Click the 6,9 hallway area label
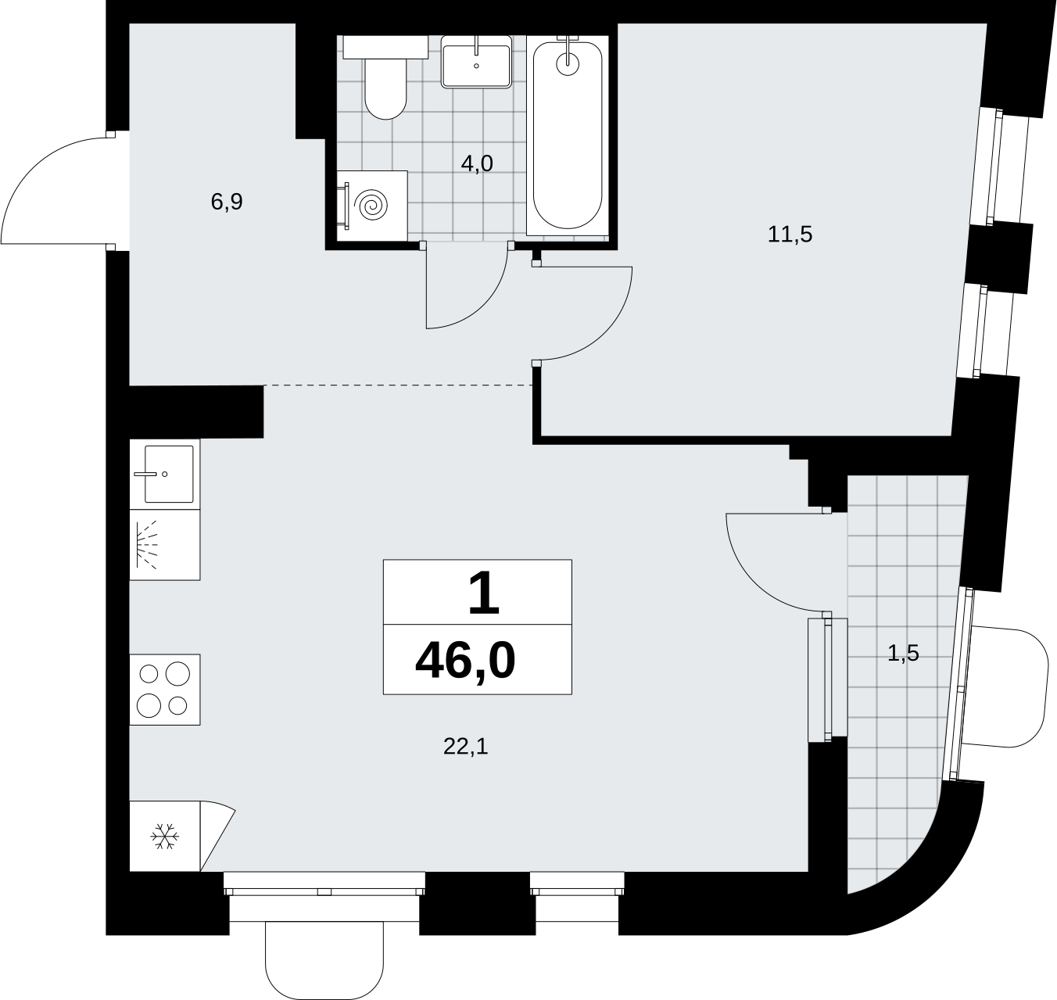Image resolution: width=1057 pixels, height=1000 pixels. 227,203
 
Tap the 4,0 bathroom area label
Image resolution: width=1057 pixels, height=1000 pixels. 477,163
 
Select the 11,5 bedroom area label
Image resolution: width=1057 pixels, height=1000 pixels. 790,235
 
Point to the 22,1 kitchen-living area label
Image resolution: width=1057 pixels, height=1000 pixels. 466,746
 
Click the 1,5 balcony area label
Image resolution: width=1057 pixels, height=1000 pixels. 903,653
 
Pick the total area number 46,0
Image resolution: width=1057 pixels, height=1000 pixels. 466,661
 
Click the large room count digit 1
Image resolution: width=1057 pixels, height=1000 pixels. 484,593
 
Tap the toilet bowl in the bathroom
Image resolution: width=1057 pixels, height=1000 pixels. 385,88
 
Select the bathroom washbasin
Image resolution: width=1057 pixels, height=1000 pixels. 476,62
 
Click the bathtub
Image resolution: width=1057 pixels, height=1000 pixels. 568,135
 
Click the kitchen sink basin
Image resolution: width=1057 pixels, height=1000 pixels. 169,474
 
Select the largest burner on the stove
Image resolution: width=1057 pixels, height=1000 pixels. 178,673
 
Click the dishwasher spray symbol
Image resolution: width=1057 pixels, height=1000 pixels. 147,545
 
